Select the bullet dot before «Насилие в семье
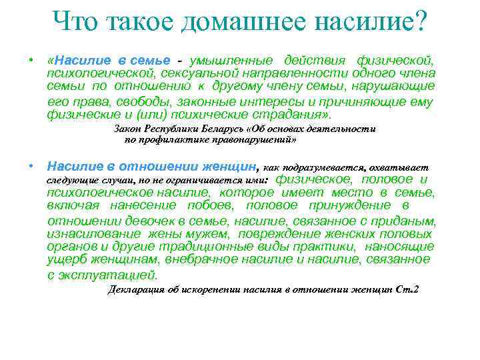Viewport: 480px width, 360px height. [31, 61]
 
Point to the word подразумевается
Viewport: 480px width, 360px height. [325, 168]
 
